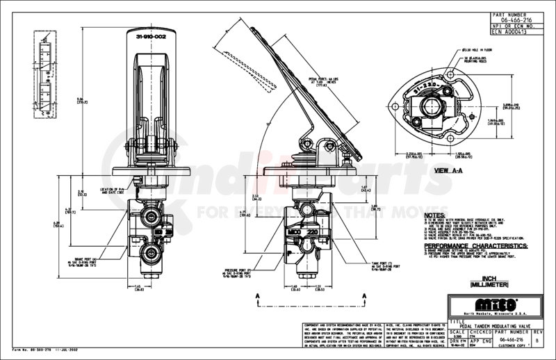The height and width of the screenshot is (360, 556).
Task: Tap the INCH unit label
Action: click(x=483, y=277)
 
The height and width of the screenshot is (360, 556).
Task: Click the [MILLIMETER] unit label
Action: click(x=483, y=284)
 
